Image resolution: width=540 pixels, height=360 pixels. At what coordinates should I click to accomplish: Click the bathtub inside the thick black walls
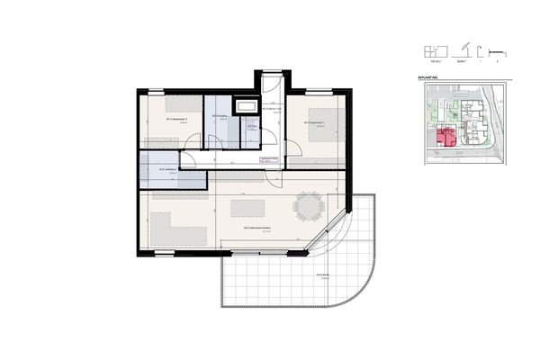(x=247, y=106)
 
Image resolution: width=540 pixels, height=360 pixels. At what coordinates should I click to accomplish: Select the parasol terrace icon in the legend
(x=464, y=50)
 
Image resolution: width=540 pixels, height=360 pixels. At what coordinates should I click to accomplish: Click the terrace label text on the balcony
(x=321, y=276)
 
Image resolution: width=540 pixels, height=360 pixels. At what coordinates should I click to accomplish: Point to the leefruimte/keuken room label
(x=255, y=229)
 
